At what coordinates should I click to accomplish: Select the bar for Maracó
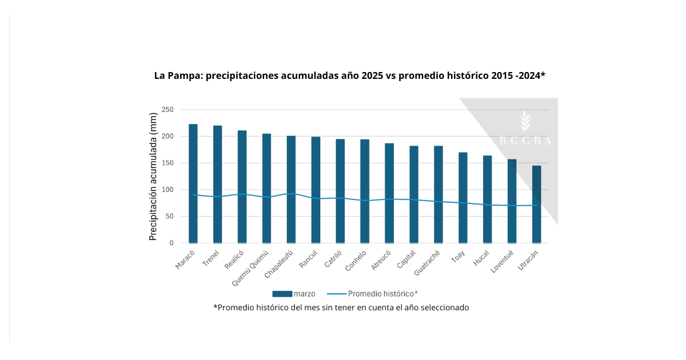[x=193, y=183]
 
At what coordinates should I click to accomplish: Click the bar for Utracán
[x=536, y=204]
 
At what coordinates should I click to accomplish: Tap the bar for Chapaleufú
[x=291, y=189]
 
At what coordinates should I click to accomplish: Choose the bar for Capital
[x=414, y=194]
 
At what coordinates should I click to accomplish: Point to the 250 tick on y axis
[x=167, y=110]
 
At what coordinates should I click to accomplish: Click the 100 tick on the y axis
[x=167, y=190]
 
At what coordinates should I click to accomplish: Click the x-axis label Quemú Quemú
[x=250, y=264]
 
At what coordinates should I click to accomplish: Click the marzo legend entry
[x=294, y=294]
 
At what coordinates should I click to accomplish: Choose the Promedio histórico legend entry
[x=372, y=294]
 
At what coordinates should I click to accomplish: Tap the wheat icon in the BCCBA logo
[x=525, y=122]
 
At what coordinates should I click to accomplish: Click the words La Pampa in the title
[x=176, y=75]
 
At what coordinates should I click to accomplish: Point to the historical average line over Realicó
[x=242, y=194]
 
